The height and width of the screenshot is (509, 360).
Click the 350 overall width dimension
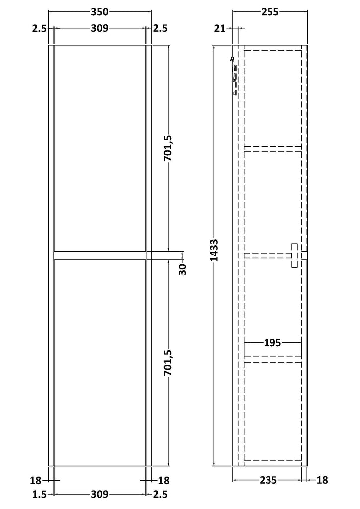99,11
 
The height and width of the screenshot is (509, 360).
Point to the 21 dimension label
220,29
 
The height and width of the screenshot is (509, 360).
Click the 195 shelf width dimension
272,342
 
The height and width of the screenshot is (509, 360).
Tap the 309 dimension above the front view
99,29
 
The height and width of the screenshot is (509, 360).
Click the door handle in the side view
294,255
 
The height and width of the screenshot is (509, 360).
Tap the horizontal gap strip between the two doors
99,255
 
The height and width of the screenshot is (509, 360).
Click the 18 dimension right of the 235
322,480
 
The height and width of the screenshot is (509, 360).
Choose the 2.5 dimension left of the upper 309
39,29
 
